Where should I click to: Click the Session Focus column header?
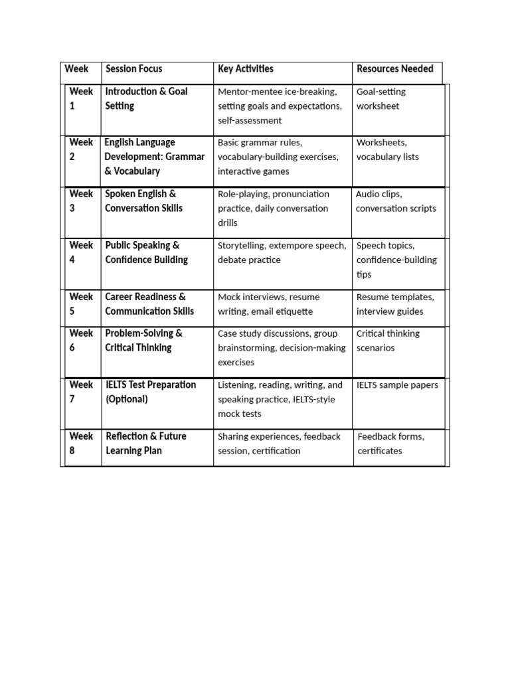click(x=133, y=69)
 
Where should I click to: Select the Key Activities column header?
click(x=245, y=69)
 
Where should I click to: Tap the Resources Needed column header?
click(x=394, y=69)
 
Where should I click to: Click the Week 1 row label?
click(x=81, y=98)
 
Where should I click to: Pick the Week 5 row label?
click(x=81, y=303)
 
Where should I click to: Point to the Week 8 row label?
click(x=81, y=443)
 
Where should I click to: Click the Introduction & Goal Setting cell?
click(x=146, y=98)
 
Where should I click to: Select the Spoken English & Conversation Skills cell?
click(x=143, y=201)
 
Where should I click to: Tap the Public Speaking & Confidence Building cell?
click(x=146, y=252)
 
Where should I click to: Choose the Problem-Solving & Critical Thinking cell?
click(x=143, y=340)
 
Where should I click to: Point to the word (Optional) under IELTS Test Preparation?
click(x=126, y=399)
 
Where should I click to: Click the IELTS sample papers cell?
click(x=397, y=385)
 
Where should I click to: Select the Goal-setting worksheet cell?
click(x=381, y=98)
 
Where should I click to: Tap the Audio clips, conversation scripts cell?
click(x=396, y=201)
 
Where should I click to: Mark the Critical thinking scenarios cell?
click(x=388, y=340)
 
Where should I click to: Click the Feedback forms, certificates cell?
click(x=390, y=443)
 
